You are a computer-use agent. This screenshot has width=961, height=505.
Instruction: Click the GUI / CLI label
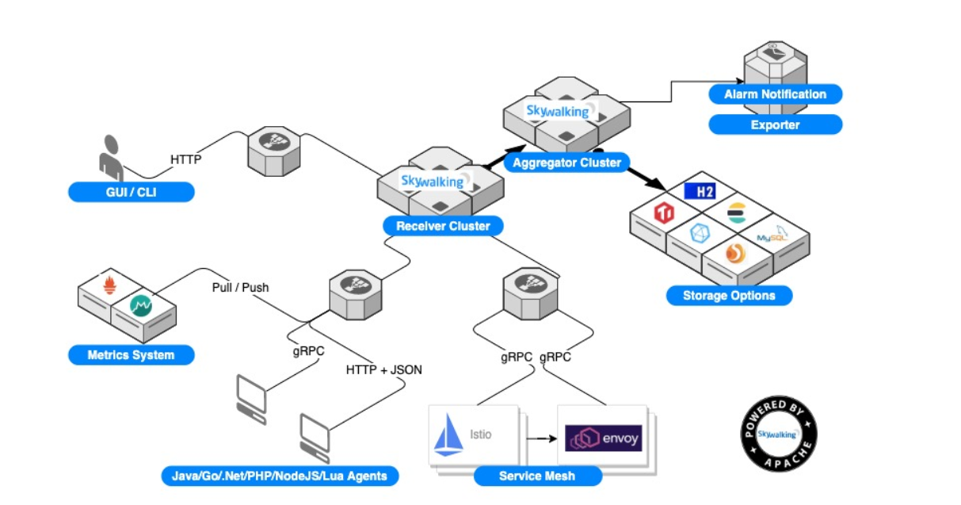131,192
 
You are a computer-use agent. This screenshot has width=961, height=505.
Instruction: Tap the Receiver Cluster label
443,226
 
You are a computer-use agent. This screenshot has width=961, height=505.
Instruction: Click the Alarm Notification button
775,94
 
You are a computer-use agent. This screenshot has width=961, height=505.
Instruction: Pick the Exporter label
775,124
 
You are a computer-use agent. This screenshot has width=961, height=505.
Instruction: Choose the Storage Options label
728,296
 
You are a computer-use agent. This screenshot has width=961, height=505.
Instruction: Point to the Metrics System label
131,354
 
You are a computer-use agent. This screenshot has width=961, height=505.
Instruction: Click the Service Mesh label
537,476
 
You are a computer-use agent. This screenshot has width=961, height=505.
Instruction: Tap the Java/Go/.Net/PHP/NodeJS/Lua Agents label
279,476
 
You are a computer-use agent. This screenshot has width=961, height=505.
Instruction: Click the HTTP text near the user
186,159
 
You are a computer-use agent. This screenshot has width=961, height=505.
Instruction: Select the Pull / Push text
240,287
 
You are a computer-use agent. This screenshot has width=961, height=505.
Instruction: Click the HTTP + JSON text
384,369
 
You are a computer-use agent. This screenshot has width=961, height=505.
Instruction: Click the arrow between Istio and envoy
540,437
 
